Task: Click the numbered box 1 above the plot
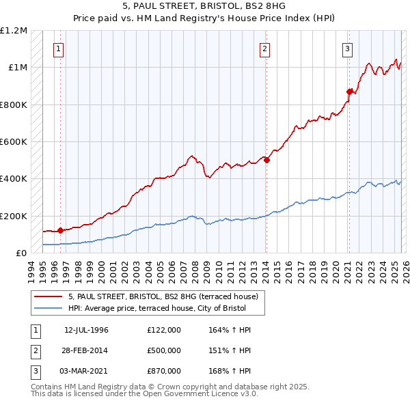pyautogui.click(x=59, y=48)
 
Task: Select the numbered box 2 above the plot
pyautogui.click(x=264, y=48)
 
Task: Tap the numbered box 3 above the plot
pyautogui.click(x=348, y=48)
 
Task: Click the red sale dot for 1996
pyautogui.click(x=60, y=230)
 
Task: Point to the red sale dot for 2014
pyautogui.click(x=266, y=161)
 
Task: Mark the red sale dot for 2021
pyautogui.click(x=349, y=92)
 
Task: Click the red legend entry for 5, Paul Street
pyautogui.click(x=163, y=297)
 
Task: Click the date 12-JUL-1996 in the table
pyautogui.click(x=87, y=330)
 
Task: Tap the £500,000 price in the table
pyautogui.click(x=164, y=350)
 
